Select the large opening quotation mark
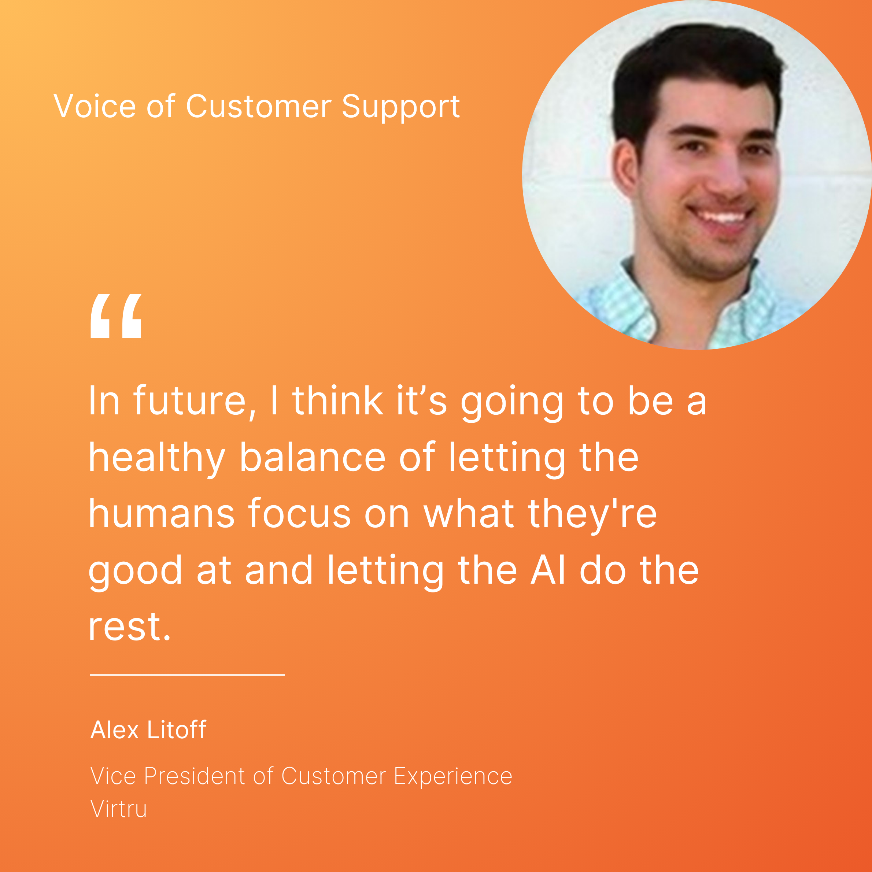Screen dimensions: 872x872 coord(116,315)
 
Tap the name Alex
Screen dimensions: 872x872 coord(115,730)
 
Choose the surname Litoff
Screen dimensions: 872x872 coord(177,729)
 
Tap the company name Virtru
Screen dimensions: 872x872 coord(119,808)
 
